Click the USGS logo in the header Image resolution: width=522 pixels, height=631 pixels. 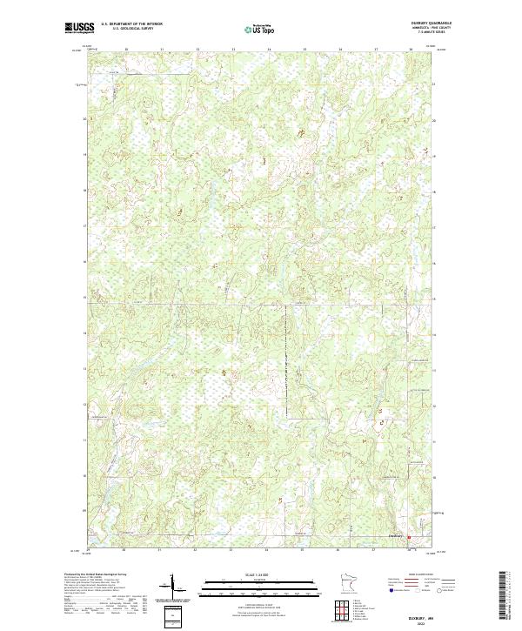coord(79,29)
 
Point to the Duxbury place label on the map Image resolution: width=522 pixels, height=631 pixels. coord(396,535)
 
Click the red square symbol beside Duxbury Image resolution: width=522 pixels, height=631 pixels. coord(408,538)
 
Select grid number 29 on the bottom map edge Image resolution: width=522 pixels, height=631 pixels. coord(89,550)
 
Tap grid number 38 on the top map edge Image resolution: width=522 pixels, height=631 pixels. coord(411,50)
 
